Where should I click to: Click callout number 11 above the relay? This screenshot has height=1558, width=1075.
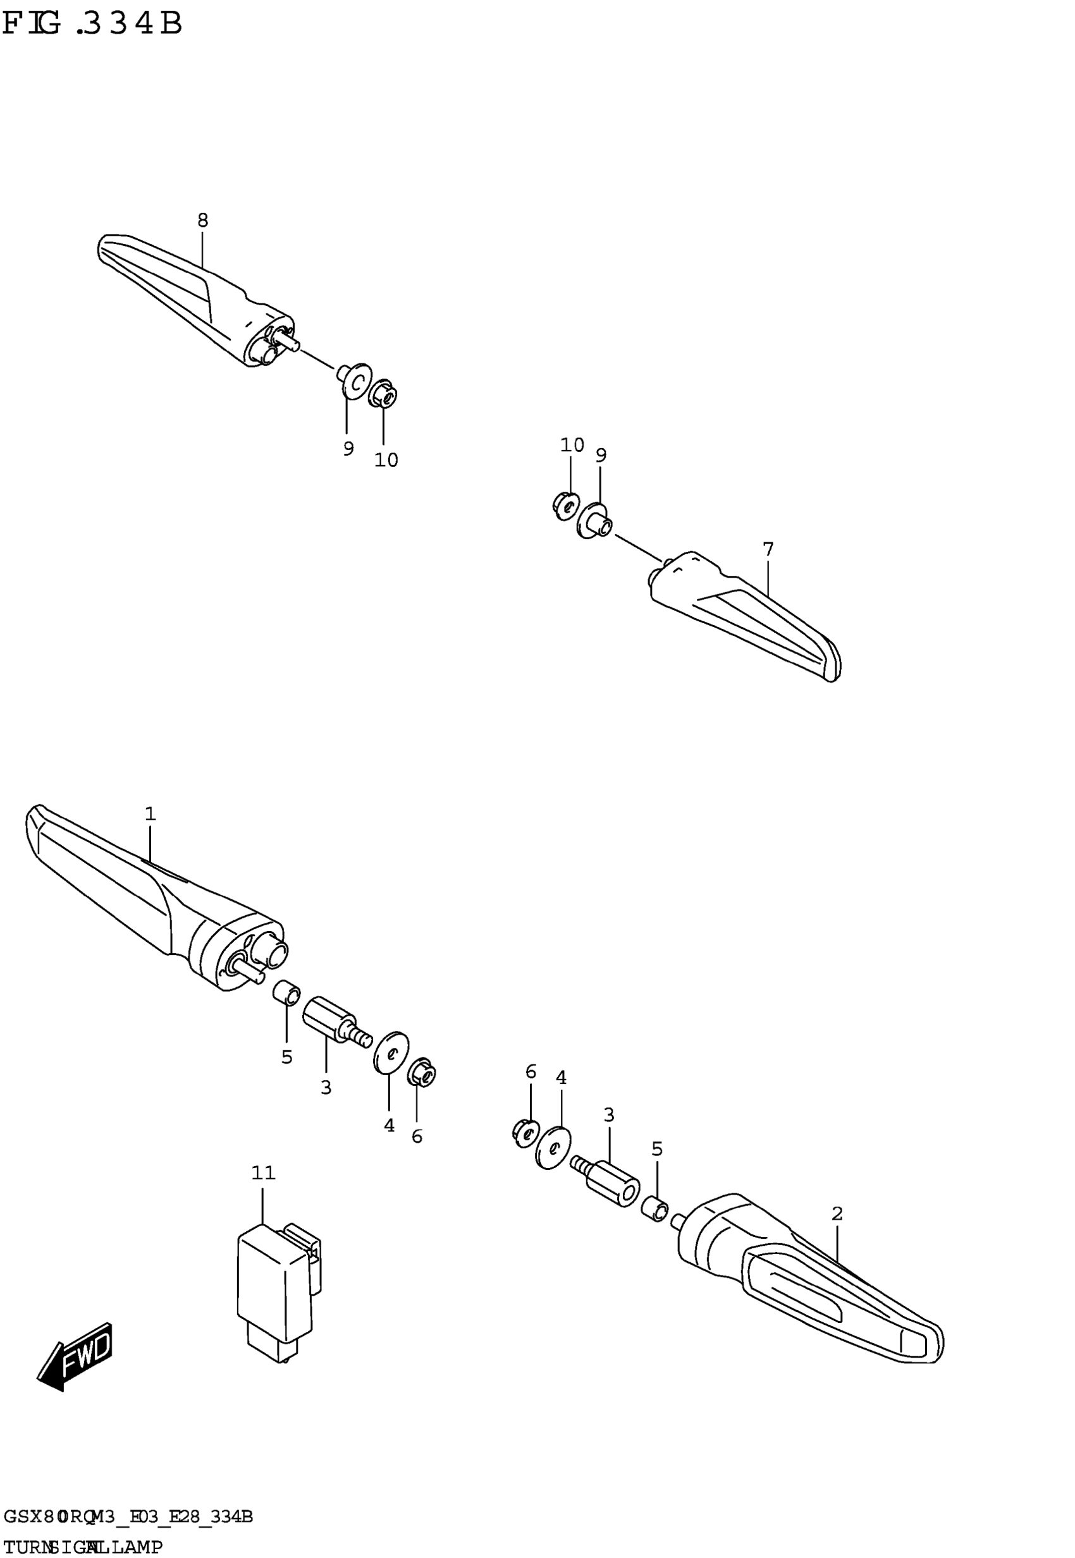click(x=263, y=1173)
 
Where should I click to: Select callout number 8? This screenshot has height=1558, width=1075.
click(x=203, y=220)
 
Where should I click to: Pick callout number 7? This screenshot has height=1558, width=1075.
click(x=768, y=549)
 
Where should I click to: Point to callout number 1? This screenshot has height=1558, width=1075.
click(x=150, y=814)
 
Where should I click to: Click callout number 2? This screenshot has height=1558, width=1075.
click(x=837, y=1214)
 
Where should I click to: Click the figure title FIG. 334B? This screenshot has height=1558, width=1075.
click(x=92, y=23)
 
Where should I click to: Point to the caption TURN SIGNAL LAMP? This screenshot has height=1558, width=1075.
click(x=82, y=1547)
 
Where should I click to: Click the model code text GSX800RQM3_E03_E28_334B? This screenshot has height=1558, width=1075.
click(x=128, y=1517)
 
